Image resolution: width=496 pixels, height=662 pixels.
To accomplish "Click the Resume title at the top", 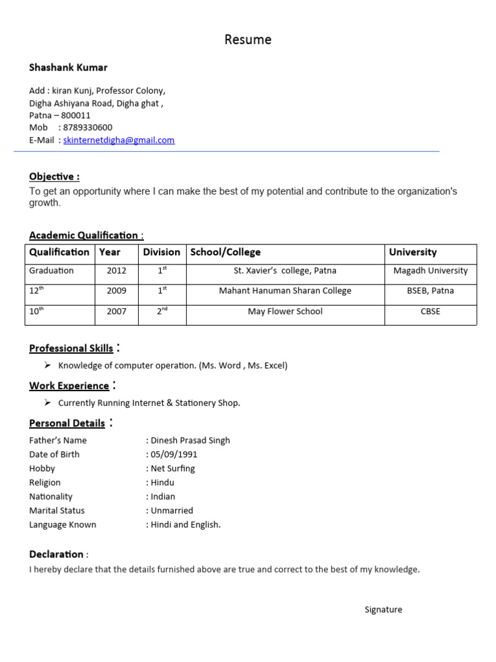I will (x=248, y=40).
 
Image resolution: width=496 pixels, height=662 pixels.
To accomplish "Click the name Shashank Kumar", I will (x=68, y=68).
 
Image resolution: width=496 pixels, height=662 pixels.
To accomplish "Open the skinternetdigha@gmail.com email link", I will (x=119, y=140).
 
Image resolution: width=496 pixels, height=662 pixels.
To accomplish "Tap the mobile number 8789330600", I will (x=88, y=127).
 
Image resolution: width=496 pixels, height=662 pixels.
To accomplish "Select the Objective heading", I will (x=54, y=176).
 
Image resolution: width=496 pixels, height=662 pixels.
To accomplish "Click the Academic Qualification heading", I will (x=83, y=235).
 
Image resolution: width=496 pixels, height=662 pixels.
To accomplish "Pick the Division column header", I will (x=161, y=252).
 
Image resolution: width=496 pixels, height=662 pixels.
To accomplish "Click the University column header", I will (x=413, y=252).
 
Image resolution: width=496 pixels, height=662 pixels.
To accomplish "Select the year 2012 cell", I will (x=117, y=271).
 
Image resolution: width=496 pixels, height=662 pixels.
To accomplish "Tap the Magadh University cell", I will (x=430, y=271).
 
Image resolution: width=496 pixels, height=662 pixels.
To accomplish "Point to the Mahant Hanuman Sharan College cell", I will (x=285, y=291).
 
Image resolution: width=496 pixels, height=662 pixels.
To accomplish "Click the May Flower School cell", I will (x=285, y=312).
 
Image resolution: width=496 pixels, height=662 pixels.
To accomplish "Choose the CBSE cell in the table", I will (x=430, y=312).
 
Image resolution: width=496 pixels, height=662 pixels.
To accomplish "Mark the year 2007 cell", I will (x=117, y=312).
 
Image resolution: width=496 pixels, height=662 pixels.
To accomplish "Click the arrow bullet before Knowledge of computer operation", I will (x=48, y=365).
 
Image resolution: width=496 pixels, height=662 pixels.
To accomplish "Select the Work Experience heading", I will (x=69, y=386).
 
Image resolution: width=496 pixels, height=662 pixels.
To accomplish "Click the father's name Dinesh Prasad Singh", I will (x=190, y=440).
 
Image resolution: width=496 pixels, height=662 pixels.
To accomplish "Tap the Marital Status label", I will (x=57, y=511).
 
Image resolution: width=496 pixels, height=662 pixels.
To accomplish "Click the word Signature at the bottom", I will (x=383, y=610).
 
